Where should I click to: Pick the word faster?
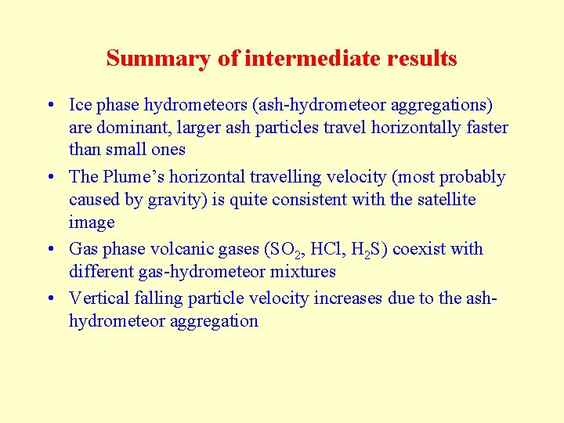click(483, 128)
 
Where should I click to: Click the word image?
click(92, 222)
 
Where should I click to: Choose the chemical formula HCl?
click(325, 249)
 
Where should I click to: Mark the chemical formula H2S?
click(366, 250)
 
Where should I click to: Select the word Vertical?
click(99, 298)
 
